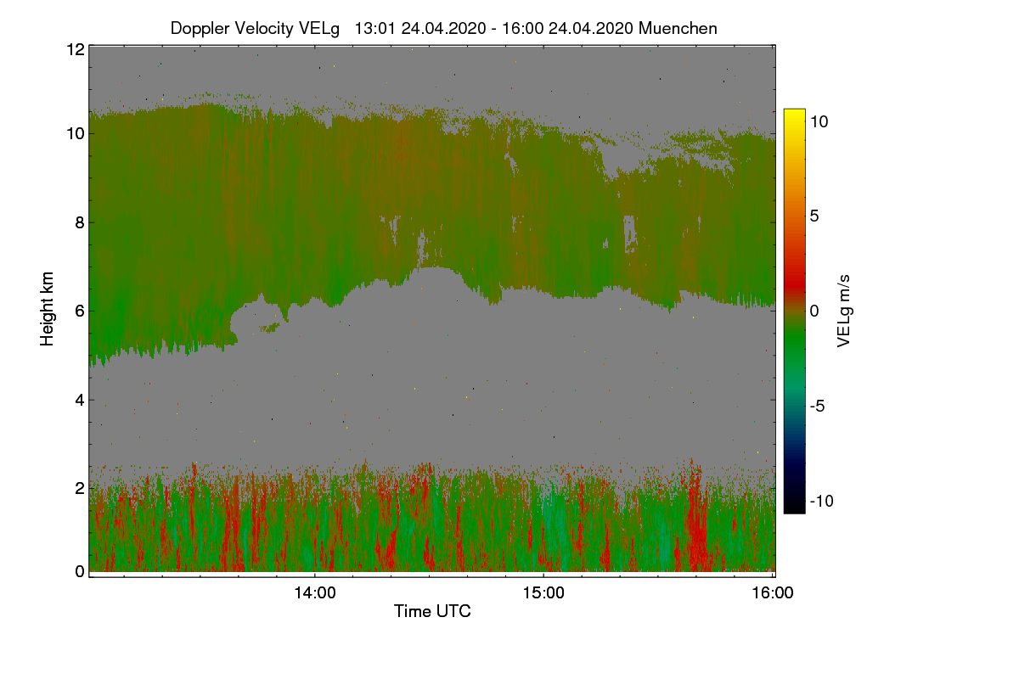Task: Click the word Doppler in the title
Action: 200,28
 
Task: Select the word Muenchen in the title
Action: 678,28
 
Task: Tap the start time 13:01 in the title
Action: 374,28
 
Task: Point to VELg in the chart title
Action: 321,28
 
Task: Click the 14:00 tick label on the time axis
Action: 314,593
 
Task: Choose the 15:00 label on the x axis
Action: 543,593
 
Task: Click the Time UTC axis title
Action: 432,611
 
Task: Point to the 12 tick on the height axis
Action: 75,49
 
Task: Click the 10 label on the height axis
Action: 75,134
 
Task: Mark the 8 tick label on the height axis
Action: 79,222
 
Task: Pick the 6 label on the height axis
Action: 79,311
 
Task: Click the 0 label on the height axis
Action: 79,571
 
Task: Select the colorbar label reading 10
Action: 819,121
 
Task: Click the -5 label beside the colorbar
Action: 819,406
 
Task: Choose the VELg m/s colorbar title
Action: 844,310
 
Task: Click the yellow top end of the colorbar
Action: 794,113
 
